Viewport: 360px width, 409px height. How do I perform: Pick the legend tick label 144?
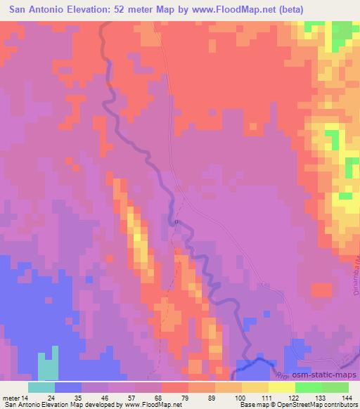[x=348, y=397]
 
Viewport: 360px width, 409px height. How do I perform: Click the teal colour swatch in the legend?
[x=41, y=387]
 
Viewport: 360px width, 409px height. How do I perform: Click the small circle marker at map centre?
[x=176, y=222]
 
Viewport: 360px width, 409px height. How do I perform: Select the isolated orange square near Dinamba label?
[x=321, y=290]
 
